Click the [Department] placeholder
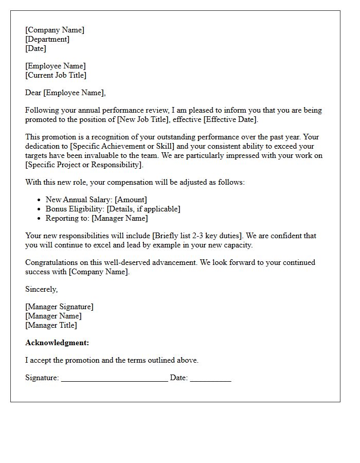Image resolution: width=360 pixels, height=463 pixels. pyautogui.click(x=47, y=39)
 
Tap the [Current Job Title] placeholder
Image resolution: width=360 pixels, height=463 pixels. pyautogui.click(x=56, y=75)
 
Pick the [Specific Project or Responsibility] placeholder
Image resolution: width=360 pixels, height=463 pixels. pyautogui.click(x=83, y=165)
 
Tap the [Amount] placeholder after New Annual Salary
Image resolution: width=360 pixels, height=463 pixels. pyautogui.click(x=132, y=200)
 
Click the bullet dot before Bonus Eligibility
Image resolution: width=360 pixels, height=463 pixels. pyautogui.click(x=40, y=209)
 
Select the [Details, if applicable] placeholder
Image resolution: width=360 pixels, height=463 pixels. pyautogui.click(x=143, y=209)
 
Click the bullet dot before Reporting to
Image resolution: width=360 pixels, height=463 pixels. pyautogui.click(x=40, y=218)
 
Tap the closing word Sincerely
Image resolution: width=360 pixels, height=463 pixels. pyautogui.click(x=41, y=289)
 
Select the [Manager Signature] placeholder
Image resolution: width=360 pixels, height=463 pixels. pyautogui.click(x=59, y=307)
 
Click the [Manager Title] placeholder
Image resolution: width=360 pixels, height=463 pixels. pyautogui.click(x=51, y=325)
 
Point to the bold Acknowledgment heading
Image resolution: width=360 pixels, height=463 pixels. pyautogui.click(x=57, y=343)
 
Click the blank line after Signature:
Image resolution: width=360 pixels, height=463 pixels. pyautogui.click(x=114, y=379)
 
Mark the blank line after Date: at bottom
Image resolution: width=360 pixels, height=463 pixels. pyautogui.click(x=210, y=379)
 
